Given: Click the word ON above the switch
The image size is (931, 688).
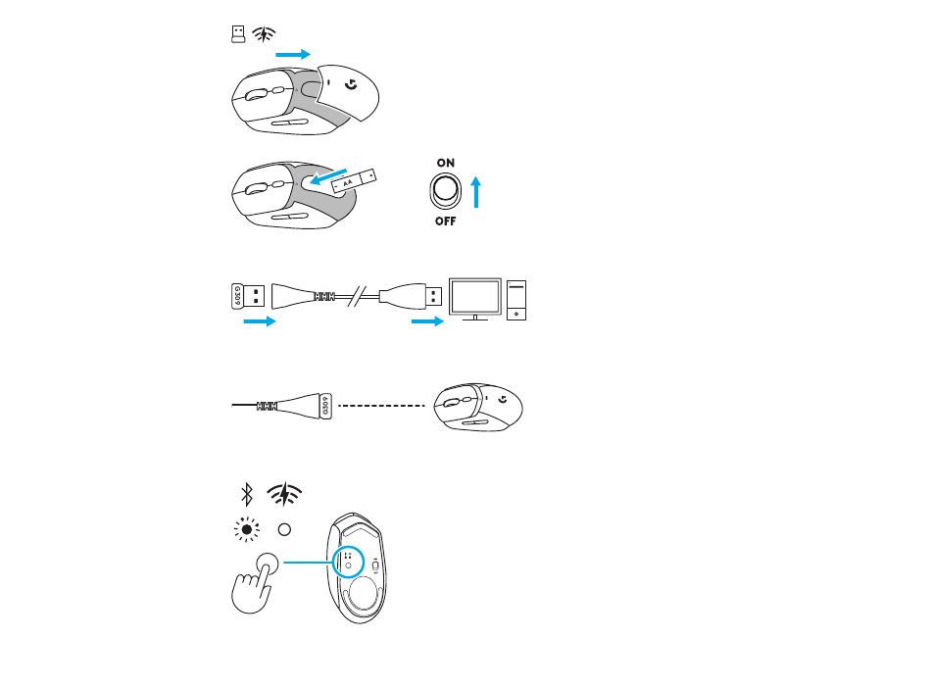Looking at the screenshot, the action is pyautogui.click(x=445, y=163).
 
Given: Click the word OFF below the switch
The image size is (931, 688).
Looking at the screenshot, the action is pyautogui.click(x=445, y=221).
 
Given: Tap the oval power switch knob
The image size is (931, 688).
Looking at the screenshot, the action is pyautogui.click(x=445, y=190).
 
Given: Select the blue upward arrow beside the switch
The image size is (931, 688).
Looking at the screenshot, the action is pyautogui.click(x=475, y=192).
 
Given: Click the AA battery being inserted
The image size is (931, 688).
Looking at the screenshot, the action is pyautogui.click(x=354, y=181).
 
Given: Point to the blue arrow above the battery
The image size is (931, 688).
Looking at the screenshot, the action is pyautogui.click(x=327, y=176).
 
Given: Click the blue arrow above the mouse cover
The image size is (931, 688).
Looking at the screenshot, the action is pyautogui.click(x=293, y=55).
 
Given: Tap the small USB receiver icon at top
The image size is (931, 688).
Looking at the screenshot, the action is pyautogui.click(x=238, y=34).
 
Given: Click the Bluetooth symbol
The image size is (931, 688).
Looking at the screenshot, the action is pyautogui.click(x=247, y=495).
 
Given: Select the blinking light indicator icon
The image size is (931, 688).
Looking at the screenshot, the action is pyautogui.click(x=247, y=529).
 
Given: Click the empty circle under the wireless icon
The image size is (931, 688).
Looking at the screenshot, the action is pyautogui.click(x=284, y=529).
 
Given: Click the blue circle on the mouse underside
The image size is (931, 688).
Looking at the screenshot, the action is pyautogui.click(x=348, y=562).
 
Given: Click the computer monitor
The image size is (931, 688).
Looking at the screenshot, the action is pyautogui.click(x=475, y=299).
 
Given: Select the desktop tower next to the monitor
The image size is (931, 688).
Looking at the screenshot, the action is pyautogui.click(x=515, y=300).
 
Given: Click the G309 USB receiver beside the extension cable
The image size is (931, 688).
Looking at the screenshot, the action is pyautogui.click(x=248, y=296).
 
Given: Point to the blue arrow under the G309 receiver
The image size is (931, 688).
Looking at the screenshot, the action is pyautogui.click(x=260, y=321).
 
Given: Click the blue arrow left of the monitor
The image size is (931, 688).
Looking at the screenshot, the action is pyautogui.click(x=427, y=321).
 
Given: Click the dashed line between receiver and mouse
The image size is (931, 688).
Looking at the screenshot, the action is pyautogui.click(x=382, y=406).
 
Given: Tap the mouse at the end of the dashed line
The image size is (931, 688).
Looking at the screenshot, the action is pyautogui.click(x=478, y=407).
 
